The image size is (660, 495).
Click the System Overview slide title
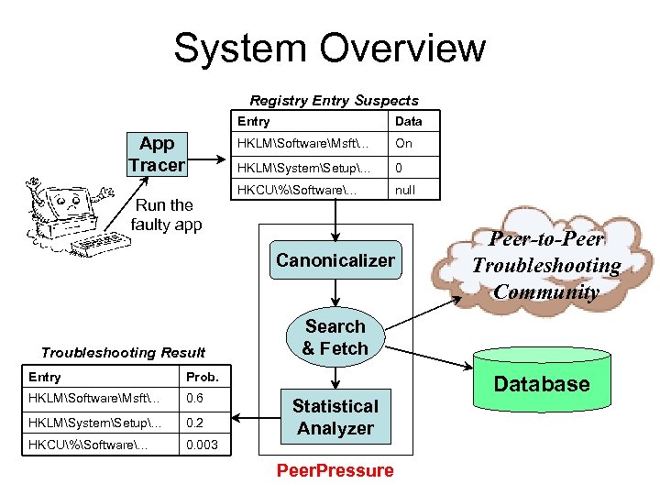330,48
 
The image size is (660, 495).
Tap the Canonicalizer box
335,260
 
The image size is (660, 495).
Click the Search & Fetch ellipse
335,337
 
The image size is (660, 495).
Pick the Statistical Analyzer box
335,417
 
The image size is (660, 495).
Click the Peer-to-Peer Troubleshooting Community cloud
546,266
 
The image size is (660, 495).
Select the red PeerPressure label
335,470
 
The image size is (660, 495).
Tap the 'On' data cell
403,144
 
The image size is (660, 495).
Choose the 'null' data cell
405,190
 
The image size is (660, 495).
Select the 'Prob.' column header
201,377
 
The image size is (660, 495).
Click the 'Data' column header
408,121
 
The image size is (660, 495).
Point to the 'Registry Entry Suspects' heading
334,101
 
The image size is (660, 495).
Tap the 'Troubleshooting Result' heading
124,352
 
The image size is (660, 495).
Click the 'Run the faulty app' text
166,214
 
